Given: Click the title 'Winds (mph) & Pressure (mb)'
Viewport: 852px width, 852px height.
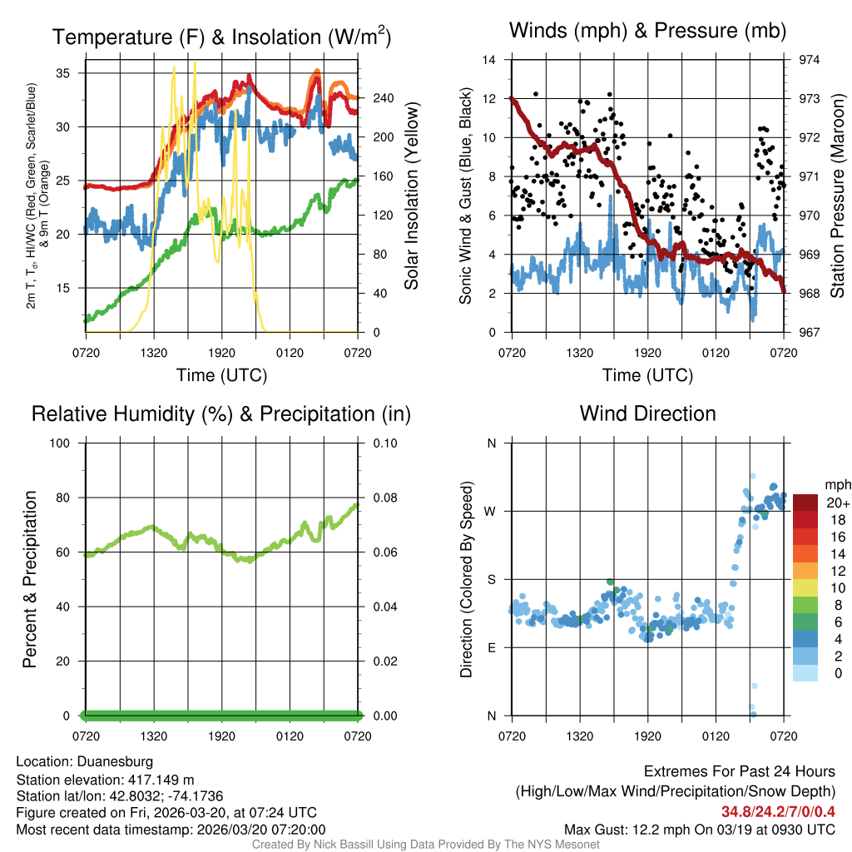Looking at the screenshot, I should click(x=647, y=31).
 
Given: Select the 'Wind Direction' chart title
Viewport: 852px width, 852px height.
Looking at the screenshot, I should click(x=647, y=414).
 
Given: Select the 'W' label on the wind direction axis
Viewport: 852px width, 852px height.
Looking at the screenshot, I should click(x=491, y=511).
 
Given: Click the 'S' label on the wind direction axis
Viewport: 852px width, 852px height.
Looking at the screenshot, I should click(x=491, y=579).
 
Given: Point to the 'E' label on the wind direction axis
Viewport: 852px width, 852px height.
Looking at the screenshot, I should click(x=491, y=647).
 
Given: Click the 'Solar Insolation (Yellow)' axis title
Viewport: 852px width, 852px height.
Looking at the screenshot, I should click(x=411, y=196).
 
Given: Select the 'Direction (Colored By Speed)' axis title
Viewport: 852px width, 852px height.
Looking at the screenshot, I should click(x=466, y=579).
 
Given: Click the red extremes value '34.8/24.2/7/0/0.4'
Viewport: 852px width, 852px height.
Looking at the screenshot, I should click(x=778, y=811).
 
